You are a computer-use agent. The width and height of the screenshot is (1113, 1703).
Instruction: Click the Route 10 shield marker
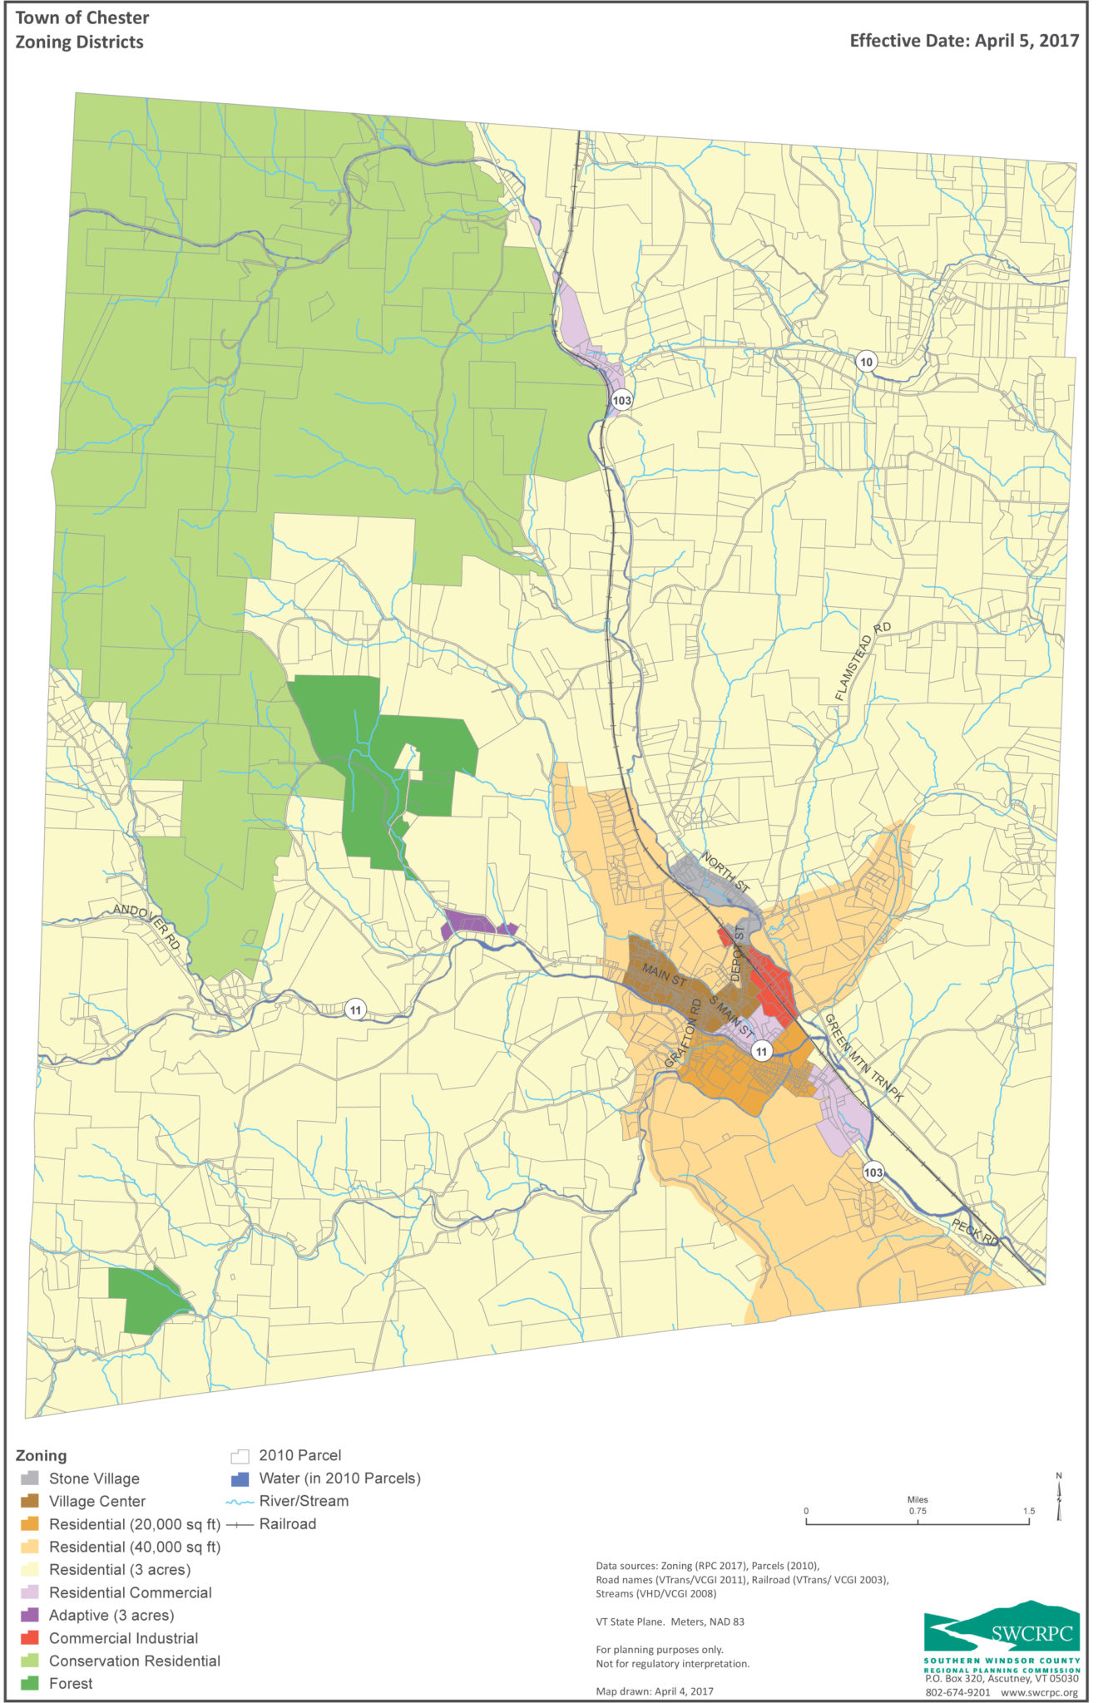coord(867,362)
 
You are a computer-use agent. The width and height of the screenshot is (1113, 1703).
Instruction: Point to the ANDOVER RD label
coord(147,926)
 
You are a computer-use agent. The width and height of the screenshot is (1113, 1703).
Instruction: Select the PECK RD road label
coord(975,1233)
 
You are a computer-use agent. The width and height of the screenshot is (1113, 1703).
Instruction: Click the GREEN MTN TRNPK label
coord(863,1057)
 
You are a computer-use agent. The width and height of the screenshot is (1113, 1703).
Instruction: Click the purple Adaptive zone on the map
coord(474,925)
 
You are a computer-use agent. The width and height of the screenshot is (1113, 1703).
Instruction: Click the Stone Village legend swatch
coord(30,1478)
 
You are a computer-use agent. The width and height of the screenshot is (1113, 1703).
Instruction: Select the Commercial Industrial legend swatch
coord(30,1638)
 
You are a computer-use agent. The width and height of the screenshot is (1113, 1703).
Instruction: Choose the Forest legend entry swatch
coord(30,1683)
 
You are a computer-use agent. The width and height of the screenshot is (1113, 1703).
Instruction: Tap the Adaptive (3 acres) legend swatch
coord(30,1615)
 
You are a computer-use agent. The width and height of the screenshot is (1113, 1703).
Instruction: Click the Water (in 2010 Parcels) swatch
coord(240,1478)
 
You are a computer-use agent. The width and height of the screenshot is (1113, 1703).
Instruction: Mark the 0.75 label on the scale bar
coord(918,1511)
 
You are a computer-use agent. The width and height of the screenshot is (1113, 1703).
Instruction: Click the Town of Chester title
coord(82,17)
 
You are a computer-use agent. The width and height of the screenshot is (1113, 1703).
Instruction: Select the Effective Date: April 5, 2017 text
coord(964,41)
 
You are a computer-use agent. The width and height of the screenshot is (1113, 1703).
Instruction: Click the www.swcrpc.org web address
coord(1039,1692)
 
